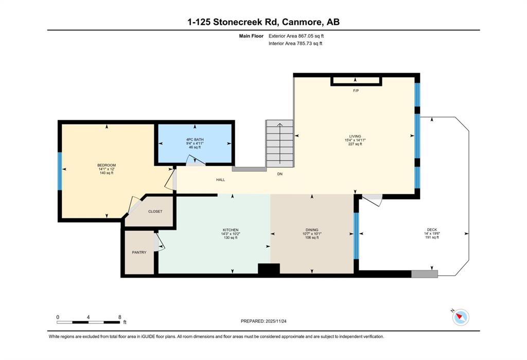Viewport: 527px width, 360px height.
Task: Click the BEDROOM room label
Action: pyautogui.click(x=107, y=165)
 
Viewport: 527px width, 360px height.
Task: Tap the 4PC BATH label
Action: pyautogui.click(x=195, y=140)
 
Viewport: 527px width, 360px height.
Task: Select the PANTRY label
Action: pyautogui.click(x=139, y=252)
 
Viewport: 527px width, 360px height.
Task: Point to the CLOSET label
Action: pyautogui.click(x=155, y=212)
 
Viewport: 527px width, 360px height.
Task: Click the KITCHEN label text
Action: pyautogui.click(x=231, y=230)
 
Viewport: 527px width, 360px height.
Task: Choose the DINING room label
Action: pyautogui.click(x=312, y=230)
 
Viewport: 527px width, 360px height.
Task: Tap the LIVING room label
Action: pyautogui.click(x=355, y=136)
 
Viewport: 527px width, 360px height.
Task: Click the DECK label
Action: pyautogui.click(x=432, y=230)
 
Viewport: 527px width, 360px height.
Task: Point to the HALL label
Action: pyautogui.click(x=220, y=180)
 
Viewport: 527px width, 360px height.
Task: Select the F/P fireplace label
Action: pyautogui.click(x=356, y=91)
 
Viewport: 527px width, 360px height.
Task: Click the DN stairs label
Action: pyautogui.click(x=279, y=174)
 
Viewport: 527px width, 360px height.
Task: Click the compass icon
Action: pyautogui.click(x=461, y=317)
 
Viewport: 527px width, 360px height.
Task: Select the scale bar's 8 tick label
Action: pyautogui.click(x=119, y=317)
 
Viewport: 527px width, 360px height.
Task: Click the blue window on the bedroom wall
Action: pyautogui.click(x=60, y=172)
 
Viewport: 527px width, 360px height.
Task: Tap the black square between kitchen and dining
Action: pyautogui.click(x=269, y=269)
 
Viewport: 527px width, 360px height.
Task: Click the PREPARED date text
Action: pyautogui.click(x=263, y=321)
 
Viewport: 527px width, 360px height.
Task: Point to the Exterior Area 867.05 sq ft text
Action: pyautogui.click(x=296, y=36)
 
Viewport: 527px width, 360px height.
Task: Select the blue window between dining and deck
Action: pyautogui.click(x=356, y=236)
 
